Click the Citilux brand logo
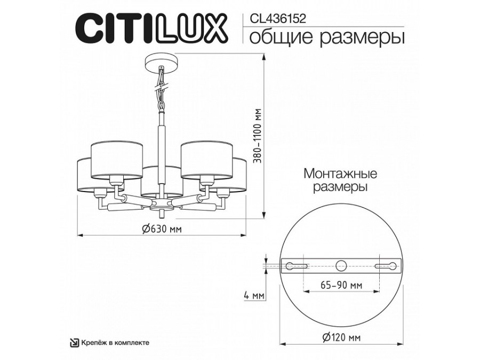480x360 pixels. tap(151, 29)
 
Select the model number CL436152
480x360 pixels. tap(278, 19)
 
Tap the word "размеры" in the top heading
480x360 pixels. tap(362, 38)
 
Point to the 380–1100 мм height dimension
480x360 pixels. tap(259, 136)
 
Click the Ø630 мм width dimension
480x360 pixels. tap(162, 228)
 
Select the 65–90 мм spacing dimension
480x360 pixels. tap(341, 285)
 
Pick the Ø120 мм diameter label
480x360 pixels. tap(341, 338)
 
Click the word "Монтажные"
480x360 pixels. tap(340, 174)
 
